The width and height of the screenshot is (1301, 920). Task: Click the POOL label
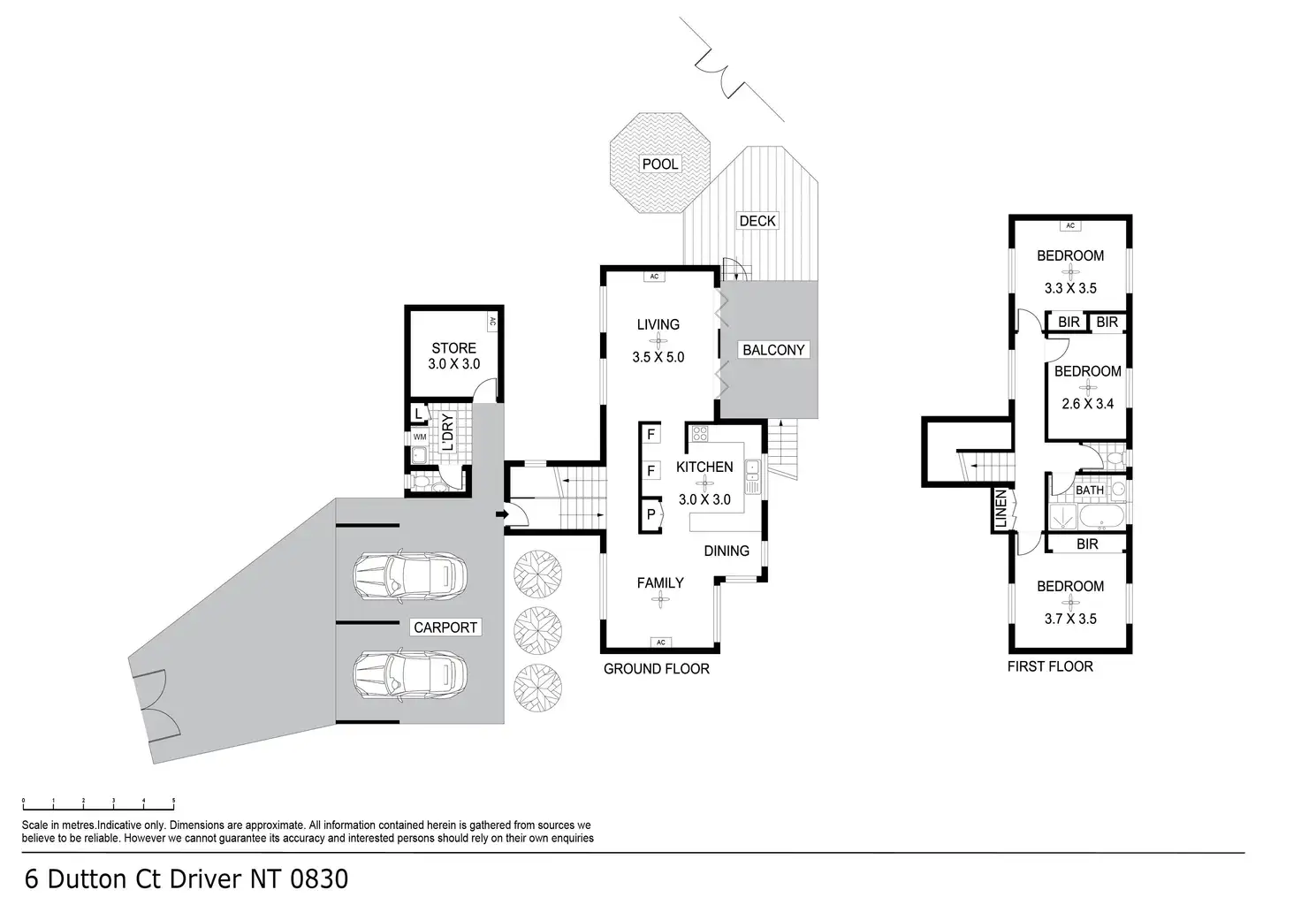pos(660,163)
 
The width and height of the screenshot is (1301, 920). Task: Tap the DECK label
pos(757,220)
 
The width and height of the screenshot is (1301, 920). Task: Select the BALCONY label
pos(773,350)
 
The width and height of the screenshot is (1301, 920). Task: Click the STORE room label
pos(454,348)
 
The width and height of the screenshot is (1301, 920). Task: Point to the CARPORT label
pos(445,627)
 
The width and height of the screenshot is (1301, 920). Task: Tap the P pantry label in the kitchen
pos(651,513)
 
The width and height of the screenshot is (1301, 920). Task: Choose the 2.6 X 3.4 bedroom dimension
pos(1087,404)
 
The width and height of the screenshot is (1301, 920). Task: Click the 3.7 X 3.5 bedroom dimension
pos(1070,619)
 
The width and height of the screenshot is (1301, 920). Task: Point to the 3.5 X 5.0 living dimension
pos(658,357)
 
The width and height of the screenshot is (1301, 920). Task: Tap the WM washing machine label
pos(419,437)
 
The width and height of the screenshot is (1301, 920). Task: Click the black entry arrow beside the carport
pos(500,513)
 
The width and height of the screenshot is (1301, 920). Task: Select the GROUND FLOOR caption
pos(657,669)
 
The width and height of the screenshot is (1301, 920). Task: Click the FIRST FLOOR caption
pos(1050,666)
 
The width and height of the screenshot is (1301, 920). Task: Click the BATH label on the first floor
pos(1090,490)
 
